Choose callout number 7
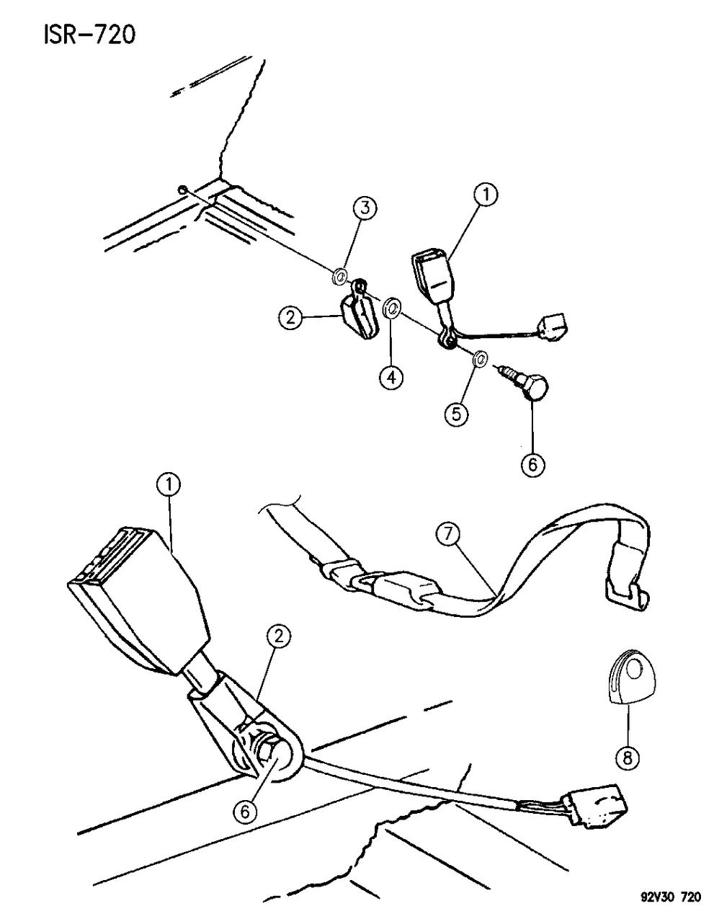(450, 534)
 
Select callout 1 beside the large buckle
(170, 486)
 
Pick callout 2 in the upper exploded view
(290, 318)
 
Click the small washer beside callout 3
(341, 275)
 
